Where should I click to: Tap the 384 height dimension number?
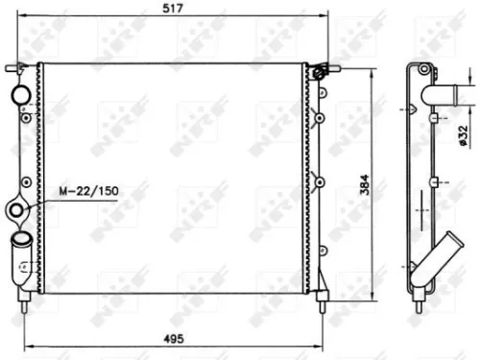[364, 189]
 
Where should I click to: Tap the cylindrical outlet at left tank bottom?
[20, 251]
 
